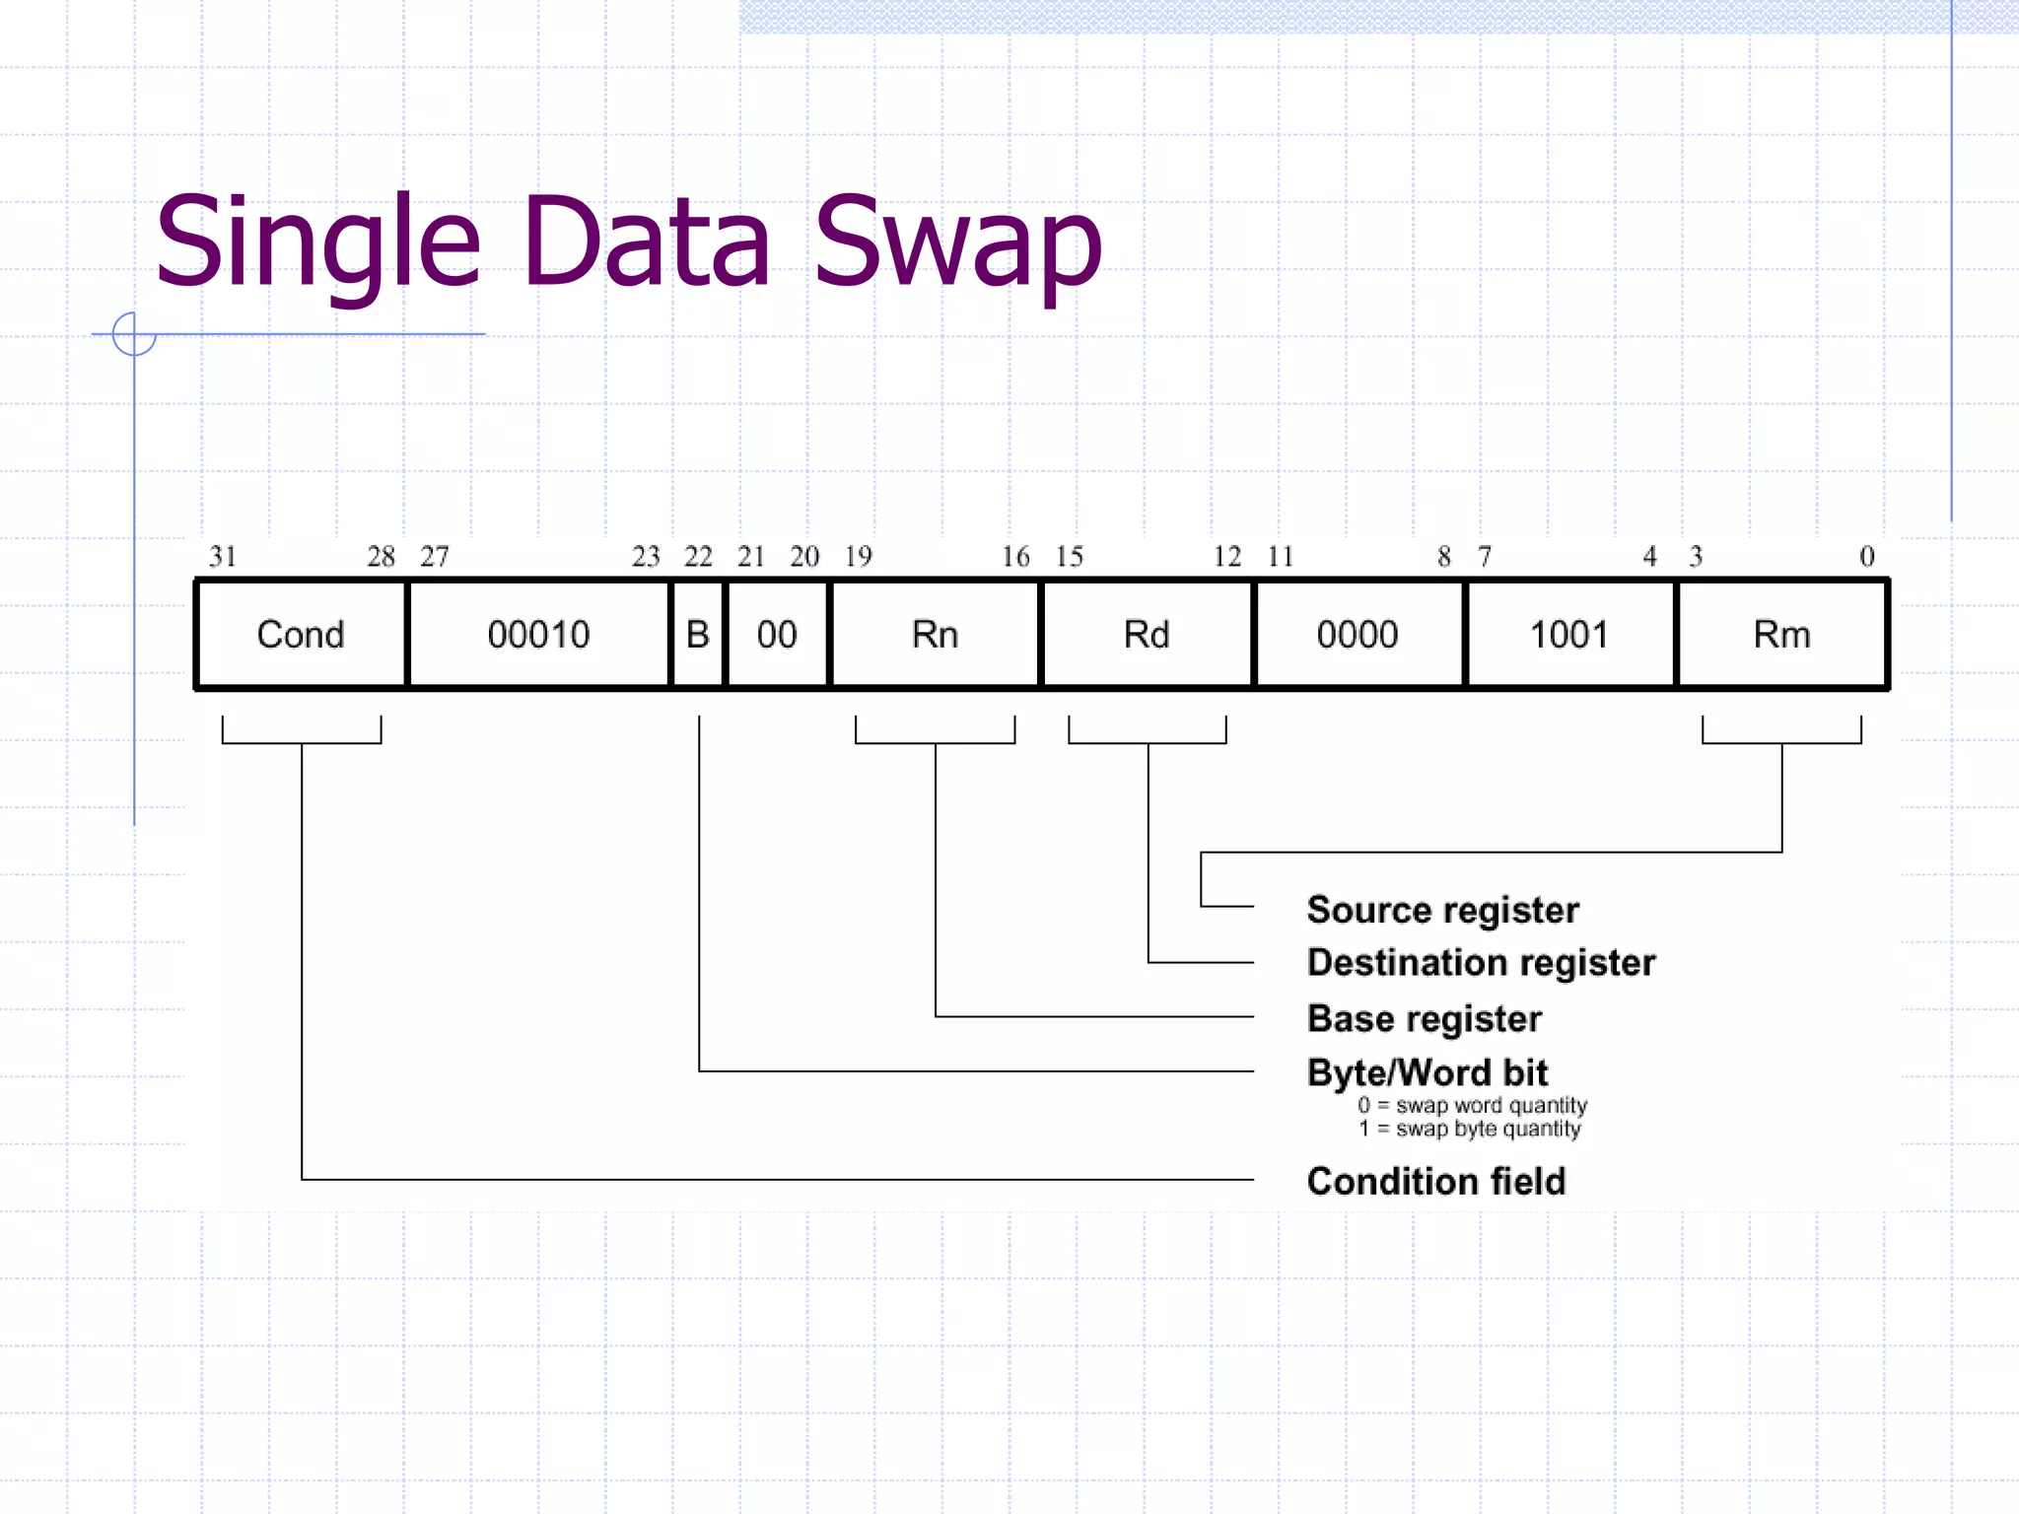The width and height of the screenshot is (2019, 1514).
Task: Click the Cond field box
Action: click(x=301, y=634)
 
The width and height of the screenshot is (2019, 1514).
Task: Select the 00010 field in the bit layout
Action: click(x=538, y=634)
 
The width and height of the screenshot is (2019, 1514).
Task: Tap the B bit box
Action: click(x=698, y=634)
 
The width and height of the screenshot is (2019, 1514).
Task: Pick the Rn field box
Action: click(x=935, y=634)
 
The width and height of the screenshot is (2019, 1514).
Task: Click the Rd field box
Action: click(x=1147, y=634)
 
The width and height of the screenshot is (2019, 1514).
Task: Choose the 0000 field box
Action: click(x=1358, y=634)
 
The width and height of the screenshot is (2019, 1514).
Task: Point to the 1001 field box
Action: click(x=1569, y=634)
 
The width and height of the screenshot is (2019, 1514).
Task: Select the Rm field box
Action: click(x=1781, y=634)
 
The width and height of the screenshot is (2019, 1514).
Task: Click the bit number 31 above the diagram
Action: click(x=223, y=557)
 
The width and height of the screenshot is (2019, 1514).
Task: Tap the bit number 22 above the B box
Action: click(x=698, y=557)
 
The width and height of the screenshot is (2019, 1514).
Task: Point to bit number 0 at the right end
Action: click(x=1866, y=557)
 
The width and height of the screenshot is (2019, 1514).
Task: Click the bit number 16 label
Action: click(x=1015, y=557)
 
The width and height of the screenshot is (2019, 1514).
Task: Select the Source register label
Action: click(x=1442, y=909)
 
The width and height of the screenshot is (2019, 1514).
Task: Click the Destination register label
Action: click(x=1481, y=962)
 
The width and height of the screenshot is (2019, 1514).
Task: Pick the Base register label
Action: click(x=1424, y=1018)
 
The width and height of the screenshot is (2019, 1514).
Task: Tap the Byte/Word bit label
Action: click(x=1427, y=1072)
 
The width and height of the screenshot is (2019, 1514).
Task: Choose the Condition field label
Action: click(x=1435, y=1181)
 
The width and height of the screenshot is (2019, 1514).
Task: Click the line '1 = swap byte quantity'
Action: click(x=1470, y=1129)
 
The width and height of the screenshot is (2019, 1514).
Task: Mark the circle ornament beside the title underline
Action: click(x=134, y=334)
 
